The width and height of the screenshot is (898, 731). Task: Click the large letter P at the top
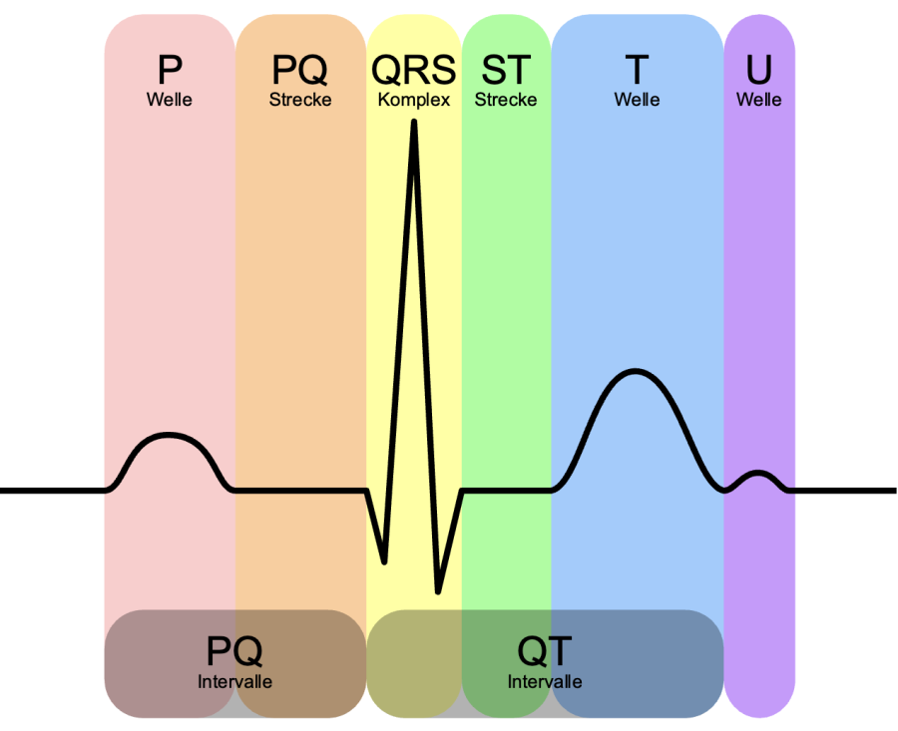pyautogui.click(x=170, y=70)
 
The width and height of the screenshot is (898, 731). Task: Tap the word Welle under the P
pyautogui.click(x=169, y=100)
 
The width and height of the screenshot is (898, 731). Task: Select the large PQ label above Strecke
pyautogui.click(x=299, y=71)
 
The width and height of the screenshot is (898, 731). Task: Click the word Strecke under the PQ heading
pyautogui.click(x=300, y=100)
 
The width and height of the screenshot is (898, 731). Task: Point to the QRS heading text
pyautogui.click(x=413, y=70)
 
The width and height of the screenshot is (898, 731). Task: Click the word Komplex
pyautogui.click(x=413, y=100)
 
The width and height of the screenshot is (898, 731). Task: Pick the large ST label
pyautogui.click(x=506, y=70)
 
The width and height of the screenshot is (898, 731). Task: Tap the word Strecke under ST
pyautogui.click(x=506, y=100)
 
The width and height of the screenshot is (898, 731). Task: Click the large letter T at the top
pyautogui.click(x=637, y=70)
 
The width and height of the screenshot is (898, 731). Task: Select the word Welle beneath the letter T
pyautogui.click(x=637, y=100)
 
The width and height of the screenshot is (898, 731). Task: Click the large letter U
pyautogui.click(x=759, y=70)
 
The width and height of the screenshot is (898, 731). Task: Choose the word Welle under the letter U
pyautogui.click(x=759, y=100)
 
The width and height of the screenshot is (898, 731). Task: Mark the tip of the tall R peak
pyautogui.click(x=413, y=122)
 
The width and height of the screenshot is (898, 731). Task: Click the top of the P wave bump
pyautogui.click(x=169, y=435)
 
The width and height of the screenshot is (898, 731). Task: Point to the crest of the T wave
pyautogui.click(x=636, y=372)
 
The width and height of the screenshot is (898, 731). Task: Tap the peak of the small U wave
pyautogui.click(x=758, y=473)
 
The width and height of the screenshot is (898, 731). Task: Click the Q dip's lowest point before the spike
pyautogui.click(x=384, y=562)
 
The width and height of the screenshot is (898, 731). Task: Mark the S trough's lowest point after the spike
pyautogui.click(x=438, y=591)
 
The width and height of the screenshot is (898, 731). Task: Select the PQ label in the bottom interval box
pyautogui.click(x=234, y=651)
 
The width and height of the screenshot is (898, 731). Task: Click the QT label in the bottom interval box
pyautogui.click(x=544, y=651)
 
